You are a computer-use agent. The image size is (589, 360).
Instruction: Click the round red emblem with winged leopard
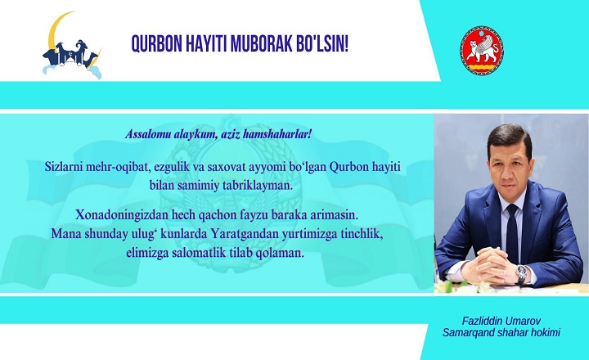[x=482, y=51]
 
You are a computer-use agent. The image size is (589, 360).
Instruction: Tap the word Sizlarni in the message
[x=64, y=167]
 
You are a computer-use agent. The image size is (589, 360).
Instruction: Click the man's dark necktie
[x=512, y=233]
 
